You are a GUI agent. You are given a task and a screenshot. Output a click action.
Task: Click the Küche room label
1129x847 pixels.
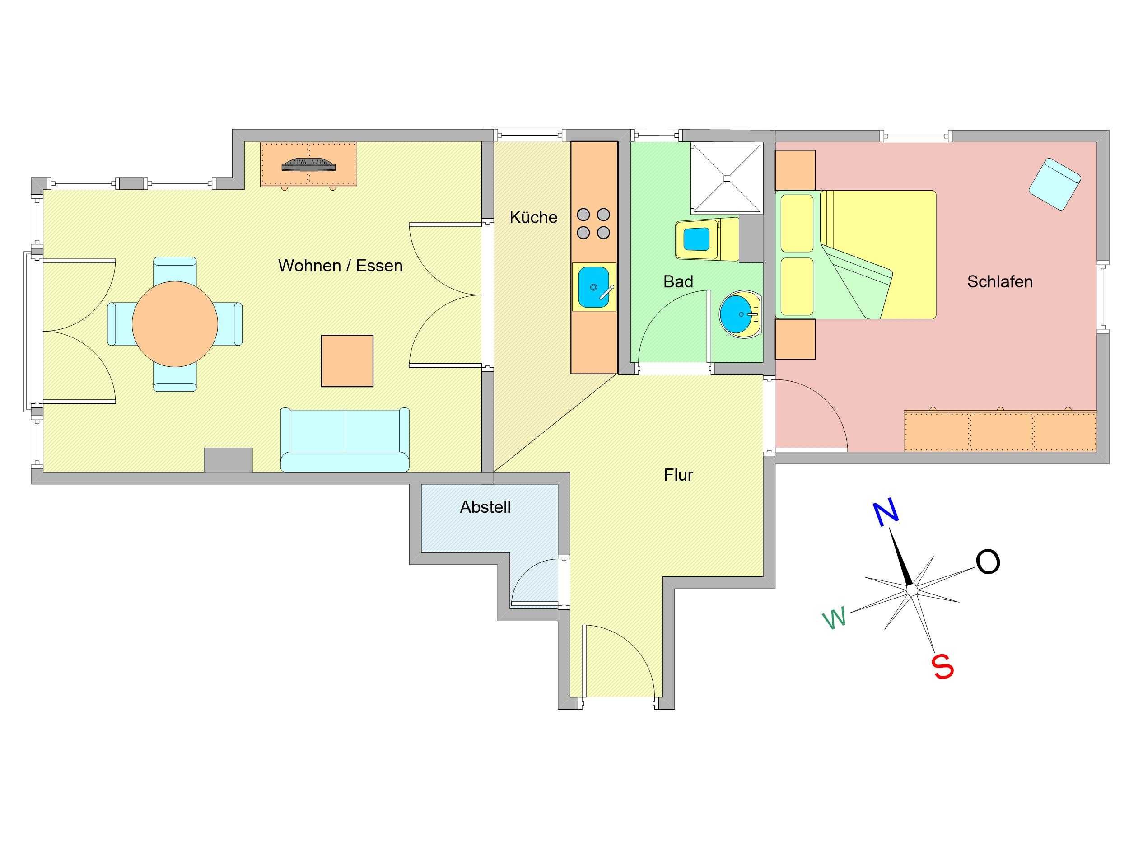533,217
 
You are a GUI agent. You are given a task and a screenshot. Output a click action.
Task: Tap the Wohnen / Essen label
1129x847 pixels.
341,266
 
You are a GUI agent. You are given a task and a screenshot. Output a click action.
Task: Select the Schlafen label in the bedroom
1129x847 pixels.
1000,281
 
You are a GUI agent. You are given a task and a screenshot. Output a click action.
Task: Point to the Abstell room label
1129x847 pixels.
485,507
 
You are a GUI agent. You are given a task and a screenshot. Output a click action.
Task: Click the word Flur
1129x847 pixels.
678,475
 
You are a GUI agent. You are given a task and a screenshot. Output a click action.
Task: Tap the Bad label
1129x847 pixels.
678,281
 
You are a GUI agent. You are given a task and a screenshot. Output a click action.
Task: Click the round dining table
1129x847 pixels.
175,324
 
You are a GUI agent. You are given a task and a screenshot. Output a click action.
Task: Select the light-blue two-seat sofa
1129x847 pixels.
345,440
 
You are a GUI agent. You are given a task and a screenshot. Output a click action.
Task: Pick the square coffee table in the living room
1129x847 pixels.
347,361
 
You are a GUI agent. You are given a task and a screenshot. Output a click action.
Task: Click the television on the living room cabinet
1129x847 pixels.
309,164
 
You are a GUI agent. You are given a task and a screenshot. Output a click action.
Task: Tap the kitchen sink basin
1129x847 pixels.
593,287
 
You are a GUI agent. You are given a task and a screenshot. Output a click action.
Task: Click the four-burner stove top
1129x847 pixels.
593,224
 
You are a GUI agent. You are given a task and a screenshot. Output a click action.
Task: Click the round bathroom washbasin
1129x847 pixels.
741,314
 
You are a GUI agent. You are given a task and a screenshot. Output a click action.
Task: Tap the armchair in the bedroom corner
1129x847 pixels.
1055,184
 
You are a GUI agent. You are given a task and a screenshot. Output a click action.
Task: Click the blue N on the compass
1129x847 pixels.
886,514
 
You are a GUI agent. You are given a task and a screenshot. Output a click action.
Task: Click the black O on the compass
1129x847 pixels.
988,562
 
